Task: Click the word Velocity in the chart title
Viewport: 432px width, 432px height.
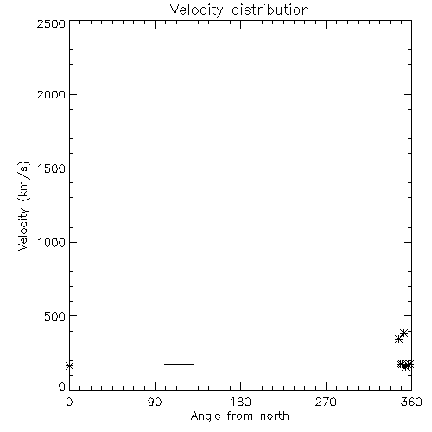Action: click(x=196, y=10)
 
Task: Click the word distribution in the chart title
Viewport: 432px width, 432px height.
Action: click(x=270, y=10)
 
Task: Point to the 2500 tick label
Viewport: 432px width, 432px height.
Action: click(x=51, y=23)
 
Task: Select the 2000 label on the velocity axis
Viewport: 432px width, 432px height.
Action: click(x=51, y=94)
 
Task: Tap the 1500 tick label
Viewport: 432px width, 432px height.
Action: click(x=52, y=168)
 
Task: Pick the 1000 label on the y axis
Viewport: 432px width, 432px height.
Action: click(x=52, y=243)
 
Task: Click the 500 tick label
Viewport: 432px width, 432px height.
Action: click(x=55, y=316)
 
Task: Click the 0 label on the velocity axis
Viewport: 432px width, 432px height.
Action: click(x=62, y=386)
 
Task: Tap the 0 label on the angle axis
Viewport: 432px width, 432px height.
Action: click(x=69, y=402)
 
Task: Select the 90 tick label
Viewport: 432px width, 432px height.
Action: click(x=155, y=402)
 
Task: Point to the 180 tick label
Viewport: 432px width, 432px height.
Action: click(x=240, y=402)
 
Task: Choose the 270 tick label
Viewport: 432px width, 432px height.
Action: click(x=326, y=402)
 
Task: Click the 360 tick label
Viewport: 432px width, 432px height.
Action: click(x=411, y=402)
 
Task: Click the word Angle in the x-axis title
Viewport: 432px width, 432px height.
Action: click(x=206, y=416)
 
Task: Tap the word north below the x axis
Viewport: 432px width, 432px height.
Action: click(x=275, y=416)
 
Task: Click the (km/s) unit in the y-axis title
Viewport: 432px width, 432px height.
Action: click(x=23, y=181)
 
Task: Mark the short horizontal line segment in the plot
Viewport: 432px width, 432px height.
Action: click(x=179, y=364)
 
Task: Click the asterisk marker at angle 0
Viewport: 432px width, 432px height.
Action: click(x=69, y=365)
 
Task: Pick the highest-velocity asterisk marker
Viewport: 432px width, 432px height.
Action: click(x=403, y=333)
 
